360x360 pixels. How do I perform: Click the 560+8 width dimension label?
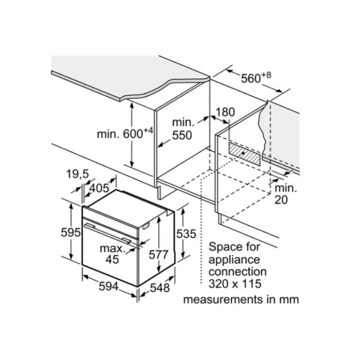(x=256, y=78)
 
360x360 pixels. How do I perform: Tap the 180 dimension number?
(x=226, y=112)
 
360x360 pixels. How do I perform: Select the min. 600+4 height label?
(x=125, y=133)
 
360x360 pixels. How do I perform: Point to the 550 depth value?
(x=182, y=135)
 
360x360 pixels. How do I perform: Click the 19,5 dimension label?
(x=77, y=174)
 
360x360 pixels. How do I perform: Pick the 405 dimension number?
(x=99, y=188)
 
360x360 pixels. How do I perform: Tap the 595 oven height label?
(x=71, y=232)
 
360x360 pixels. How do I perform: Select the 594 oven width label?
(x=109, y=286)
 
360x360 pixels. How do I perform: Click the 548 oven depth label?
(x=160, y=287)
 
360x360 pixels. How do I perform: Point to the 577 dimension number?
(x=159, y=255)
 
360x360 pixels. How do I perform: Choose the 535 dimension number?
(x=186, y=233)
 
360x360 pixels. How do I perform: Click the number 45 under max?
(x=112, y=259)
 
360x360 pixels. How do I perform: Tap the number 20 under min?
(x=281, y=200)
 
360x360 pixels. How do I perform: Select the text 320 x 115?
(x=235, y=283)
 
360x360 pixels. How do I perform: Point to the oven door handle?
(x=107, y=233)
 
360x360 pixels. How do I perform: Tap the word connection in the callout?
(x=238, y=272)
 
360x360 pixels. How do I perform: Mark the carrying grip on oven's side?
(x=146, y=226)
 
